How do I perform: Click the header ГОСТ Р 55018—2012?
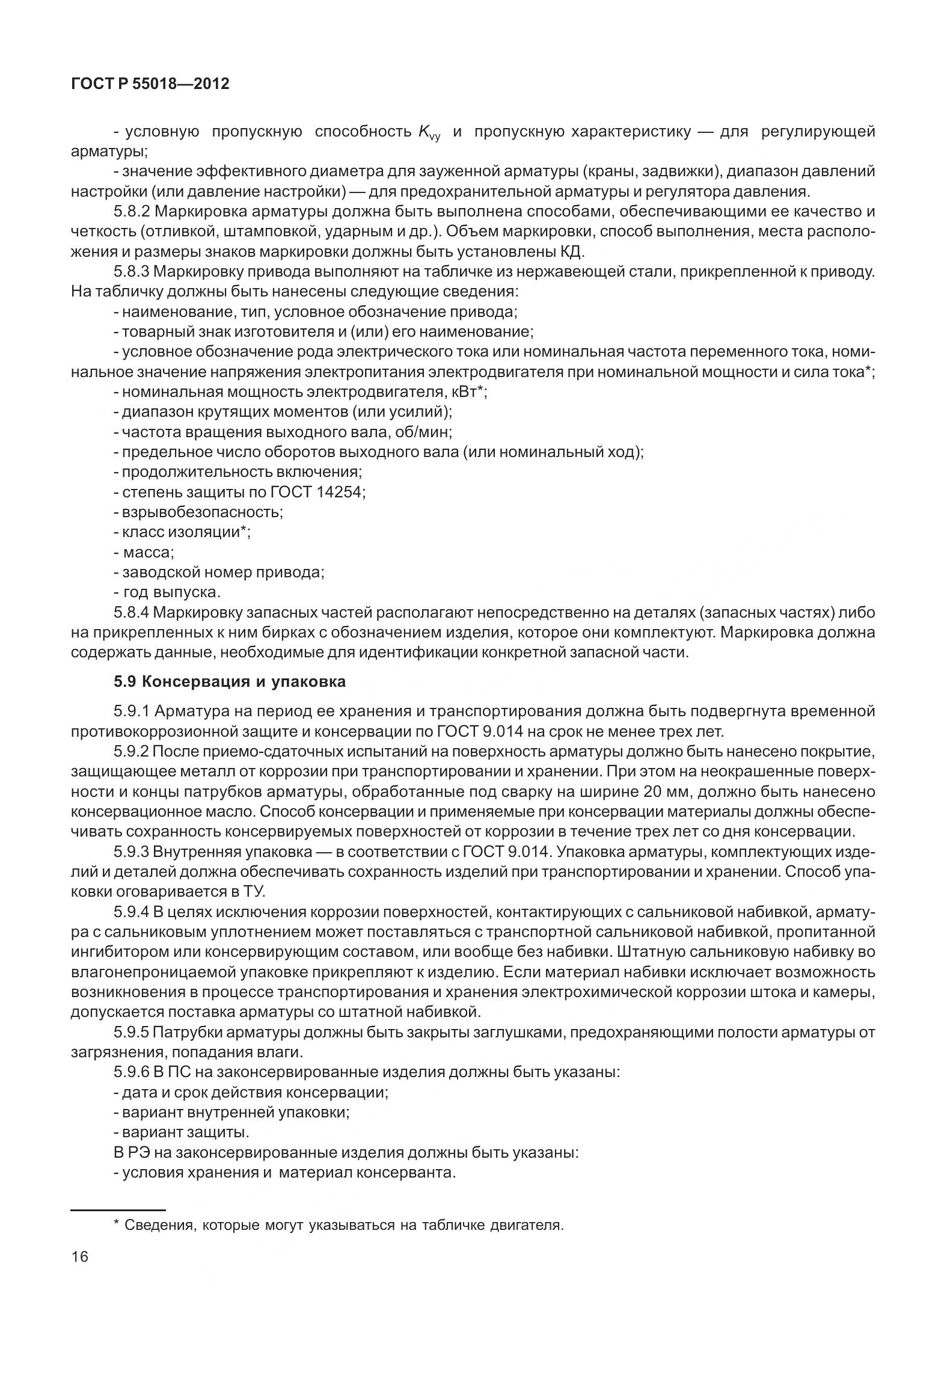point(150,84)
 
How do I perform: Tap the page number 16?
point(79,1257)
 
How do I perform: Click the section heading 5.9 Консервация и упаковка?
point(230,681)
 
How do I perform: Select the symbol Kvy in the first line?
point(429,133)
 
